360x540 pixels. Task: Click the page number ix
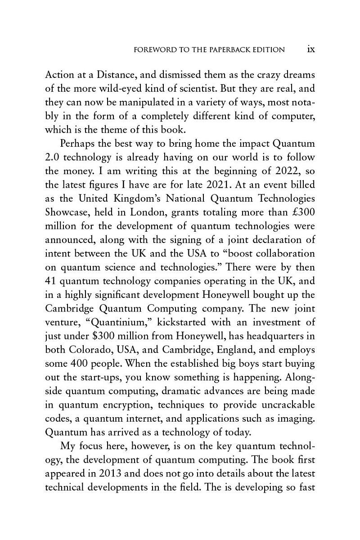pyautogui.click(x=310, y=49)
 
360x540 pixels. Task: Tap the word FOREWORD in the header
pyautogui.click(x=155, y=50)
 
